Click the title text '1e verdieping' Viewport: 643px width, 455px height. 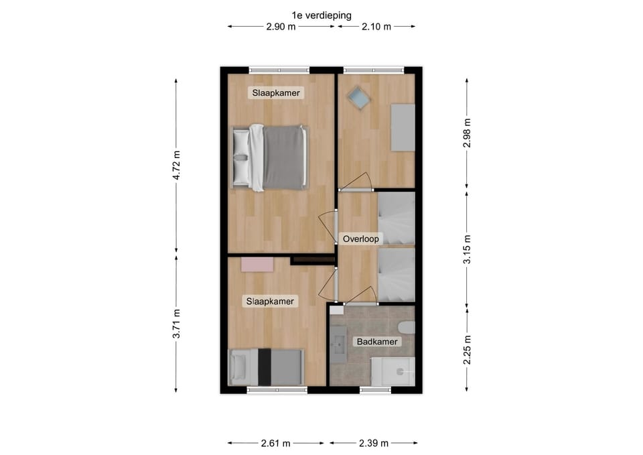pyautogui.click(x=321, y=15)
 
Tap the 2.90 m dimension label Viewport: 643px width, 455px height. pyautogui.click(x=281, y=27)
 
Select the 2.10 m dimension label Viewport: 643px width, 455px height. pyautogui.click(x=376, y=27)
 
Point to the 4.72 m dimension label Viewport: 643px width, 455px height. pyautogui.click(x=176, y=166)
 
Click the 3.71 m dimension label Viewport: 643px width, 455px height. pyautogui.click(x=176, y=324)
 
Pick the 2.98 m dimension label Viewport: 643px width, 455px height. pyautogui.click(x=467, y=133)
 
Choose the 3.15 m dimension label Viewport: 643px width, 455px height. pyautogui.click(x=467, y=249)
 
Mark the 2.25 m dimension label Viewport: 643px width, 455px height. pyautogui.click(x=467, y=350)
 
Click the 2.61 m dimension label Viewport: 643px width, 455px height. pyautogui.click(x=275, y=443)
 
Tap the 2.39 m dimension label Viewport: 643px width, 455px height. pyautogui.click(x=374, y=443)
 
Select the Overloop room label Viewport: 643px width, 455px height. pyautogui.click(x=361, y=239)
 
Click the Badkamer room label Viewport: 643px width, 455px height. pyautogui.click(x=377, y=341)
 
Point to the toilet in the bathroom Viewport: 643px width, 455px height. pyautogui.click(x=407, y=328)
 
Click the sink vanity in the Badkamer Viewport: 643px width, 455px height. pyautogui.click(x=339, y=344)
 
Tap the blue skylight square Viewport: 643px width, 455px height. pyautogui.click(x=359, y=98)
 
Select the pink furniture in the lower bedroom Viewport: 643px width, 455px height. pyautogui.click(x=257, y=265)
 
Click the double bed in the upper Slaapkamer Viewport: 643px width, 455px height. pyautogui.click(x=270, y=157)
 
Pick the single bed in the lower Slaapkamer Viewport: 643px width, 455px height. pyautogui.click(x=267, y=367)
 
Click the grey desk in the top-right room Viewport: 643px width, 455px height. pyautogui.click(x=403, y=127)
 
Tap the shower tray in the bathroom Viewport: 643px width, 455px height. pyautogui.click(x=393, y=371)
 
